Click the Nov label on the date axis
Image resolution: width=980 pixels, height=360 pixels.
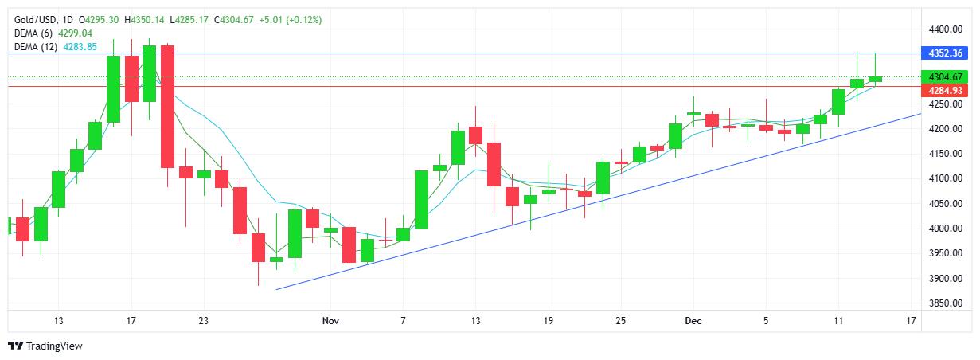click(332, 320)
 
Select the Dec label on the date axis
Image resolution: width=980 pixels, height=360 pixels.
click(694, 320)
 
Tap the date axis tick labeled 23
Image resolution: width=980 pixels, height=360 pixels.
click(204, 320)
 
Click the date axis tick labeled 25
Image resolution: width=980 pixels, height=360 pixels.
click(621, 320)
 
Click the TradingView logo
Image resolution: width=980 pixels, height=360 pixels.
click(45, 346)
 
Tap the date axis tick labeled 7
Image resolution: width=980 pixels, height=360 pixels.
click(404, 320)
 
